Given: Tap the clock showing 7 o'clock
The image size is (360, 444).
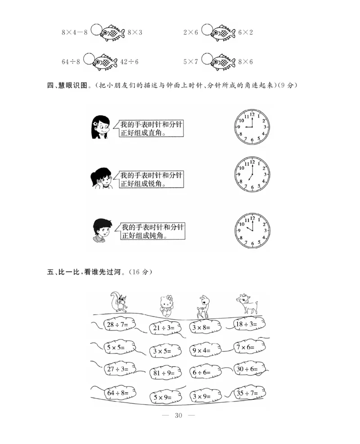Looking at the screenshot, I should point(252,174).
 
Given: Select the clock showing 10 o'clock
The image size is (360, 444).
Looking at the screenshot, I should point(252,231).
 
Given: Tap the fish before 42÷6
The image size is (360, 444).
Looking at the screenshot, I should point(108,62).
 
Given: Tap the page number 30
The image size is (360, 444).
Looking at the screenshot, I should point(179,415).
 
